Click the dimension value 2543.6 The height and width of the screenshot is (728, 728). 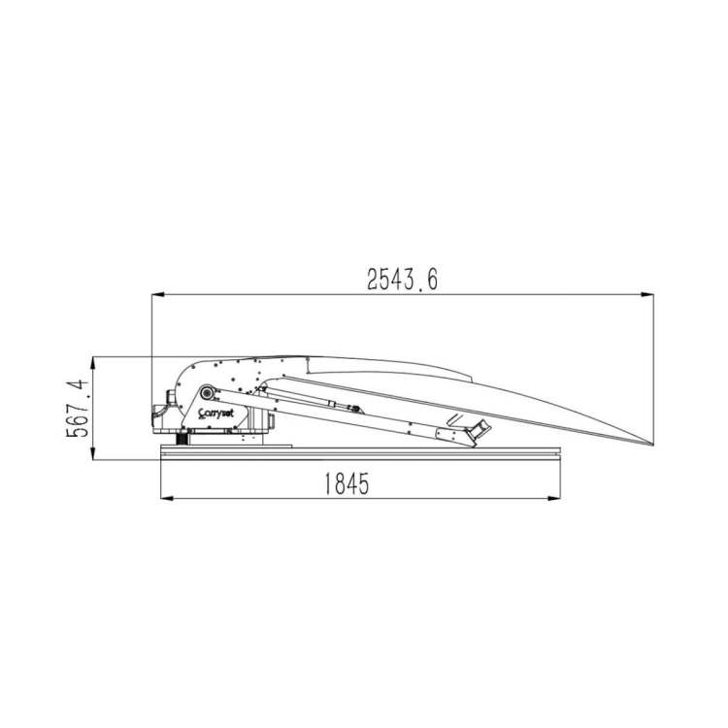[x=402, y=280]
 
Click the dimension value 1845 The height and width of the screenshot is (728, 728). [x=346, y=483]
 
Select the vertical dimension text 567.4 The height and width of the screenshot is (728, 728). [x=78, y=409]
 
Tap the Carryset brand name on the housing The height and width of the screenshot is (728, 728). [x=215, y=414]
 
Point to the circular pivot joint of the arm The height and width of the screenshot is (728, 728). [x=206, y=393]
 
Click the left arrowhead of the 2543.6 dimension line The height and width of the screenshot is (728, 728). [x=158, y=294]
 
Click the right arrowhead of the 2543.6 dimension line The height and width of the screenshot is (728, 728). [x=647, y=294]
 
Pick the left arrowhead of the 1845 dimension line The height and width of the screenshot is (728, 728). [x=167, y=499]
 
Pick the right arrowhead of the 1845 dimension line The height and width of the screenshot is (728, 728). [x=554, y=499]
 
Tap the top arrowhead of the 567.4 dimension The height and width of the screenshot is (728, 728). [x=93, y=364]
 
